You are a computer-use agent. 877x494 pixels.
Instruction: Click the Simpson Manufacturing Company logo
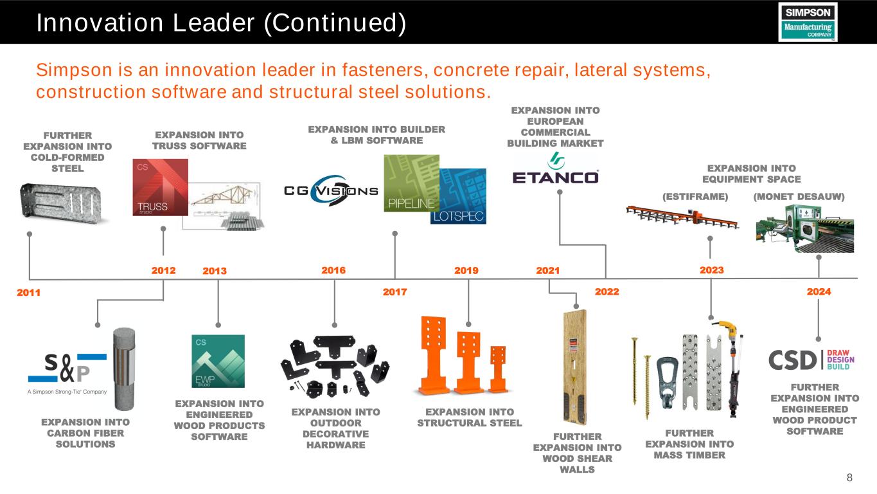coord(808,22)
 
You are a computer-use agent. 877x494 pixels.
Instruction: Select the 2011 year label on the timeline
coord(28,293)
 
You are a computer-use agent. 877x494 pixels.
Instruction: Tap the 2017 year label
coord(395,292)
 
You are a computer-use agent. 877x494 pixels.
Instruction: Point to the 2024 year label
coord(819,292)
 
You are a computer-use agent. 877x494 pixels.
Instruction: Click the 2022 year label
coord(607,292)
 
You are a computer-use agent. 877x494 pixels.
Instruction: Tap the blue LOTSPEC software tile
coord(458,197)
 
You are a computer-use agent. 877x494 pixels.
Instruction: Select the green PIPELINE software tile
coord(411,183)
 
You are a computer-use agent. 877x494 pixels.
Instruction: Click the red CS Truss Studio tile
coord(160,187)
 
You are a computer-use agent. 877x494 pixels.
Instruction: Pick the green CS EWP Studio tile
coord(218,361)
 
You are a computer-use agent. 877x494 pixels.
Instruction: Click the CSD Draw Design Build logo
coord(813,360)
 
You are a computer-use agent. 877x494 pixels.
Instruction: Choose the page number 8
coord(850,477)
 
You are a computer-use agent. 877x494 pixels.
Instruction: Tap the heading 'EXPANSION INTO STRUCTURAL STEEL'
coord(470,417)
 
